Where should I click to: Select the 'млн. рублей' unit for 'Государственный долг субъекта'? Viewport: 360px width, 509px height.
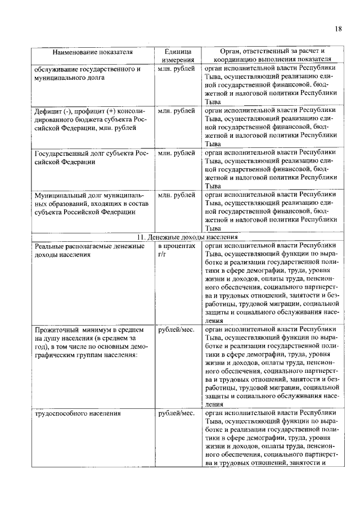pyautogui.click(x=176, y=152)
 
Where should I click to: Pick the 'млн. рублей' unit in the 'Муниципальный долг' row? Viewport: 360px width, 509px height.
pyautogui.click(x=176, y=195)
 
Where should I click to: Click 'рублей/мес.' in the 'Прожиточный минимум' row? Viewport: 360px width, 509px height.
pyautogui.click(x=175, y=328)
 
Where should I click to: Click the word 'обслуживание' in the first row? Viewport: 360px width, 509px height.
pyautogui.click(x=57, y=69)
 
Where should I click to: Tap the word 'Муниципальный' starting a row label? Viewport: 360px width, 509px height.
pyautogui.click(x=60, y=195)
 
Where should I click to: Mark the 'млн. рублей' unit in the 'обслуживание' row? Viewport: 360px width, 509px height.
pyautogui.click(x=176, y=69)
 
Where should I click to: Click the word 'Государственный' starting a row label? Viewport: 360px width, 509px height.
pyautogui.click(x=61, y=152)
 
